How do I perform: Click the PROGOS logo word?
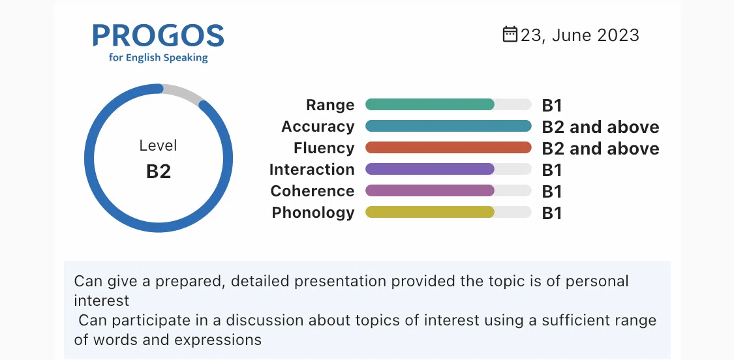click(159, 36)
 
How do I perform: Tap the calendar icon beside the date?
click(510, 34)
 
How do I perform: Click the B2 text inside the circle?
click(159, 172)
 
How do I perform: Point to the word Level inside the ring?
click(159, 145)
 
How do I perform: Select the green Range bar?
click(430, 104)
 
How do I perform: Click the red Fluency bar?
click(448, 147)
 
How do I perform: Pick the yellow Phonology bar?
click(430, 212)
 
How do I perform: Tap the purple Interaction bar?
click(430, 169)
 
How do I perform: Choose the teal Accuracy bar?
click(448, 126)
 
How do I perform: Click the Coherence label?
click(313, 191)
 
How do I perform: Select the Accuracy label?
click(318, 127)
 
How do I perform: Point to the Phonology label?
click(313, 213)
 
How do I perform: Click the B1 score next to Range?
click(551, 106)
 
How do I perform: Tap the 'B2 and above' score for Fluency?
click(601, 149)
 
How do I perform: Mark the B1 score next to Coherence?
click(551, 192)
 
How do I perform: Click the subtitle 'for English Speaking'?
click(159, 58)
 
